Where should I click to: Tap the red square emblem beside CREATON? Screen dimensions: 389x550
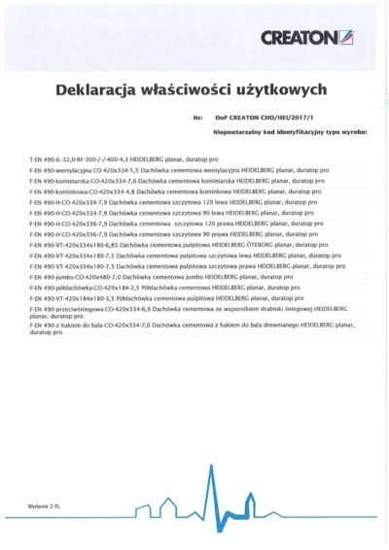point(347,38)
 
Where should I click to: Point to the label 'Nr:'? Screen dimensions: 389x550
point(198,118)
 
